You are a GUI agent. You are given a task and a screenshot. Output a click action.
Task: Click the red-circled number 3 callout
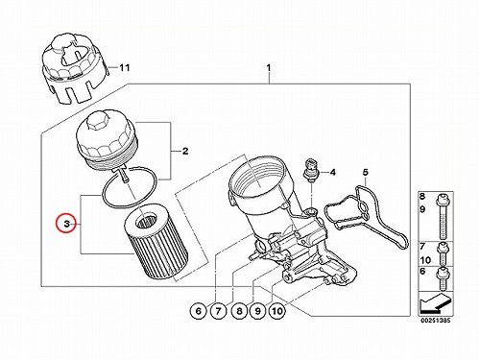66,224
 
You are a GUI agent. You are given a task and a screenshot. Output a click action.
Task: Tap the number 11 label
125,68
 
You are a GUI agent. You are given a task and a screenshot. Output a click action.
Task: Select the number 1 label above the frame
269,68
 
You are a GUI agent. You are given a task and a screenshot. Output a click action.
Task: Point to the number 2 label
185,151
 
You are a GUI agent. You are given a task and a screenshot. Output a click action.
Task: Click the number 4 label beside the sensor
333,173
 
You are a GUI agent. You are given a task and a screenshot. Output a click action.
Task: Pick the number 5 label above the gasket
366,172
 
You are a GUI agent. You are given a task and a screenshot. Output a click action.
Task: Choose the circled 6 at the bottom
199,311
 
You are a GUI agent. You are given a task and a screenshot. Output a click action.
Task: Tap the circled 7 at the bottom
219,311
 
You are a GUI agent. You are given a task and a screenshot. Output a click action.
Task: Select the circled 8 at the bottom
239,311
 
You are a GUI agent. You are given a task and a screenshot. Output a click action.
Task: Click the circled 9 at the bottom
258,311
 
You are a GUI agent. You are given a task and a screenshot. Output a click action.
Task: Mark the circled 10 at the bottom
277,311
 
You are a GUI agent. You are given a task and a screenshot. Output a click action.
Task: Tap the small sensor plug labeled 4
309,169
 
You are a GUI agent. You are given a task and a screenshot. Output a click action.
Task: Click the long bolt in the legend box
442,216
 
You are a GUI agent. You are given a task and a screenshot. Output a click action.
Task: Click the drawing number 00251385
436,321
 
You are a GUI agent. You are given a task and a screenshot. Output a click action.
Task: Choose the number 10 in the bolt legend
425,260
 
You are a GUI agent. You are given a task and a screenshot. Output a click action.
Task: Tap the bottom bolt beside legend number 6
442,278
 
